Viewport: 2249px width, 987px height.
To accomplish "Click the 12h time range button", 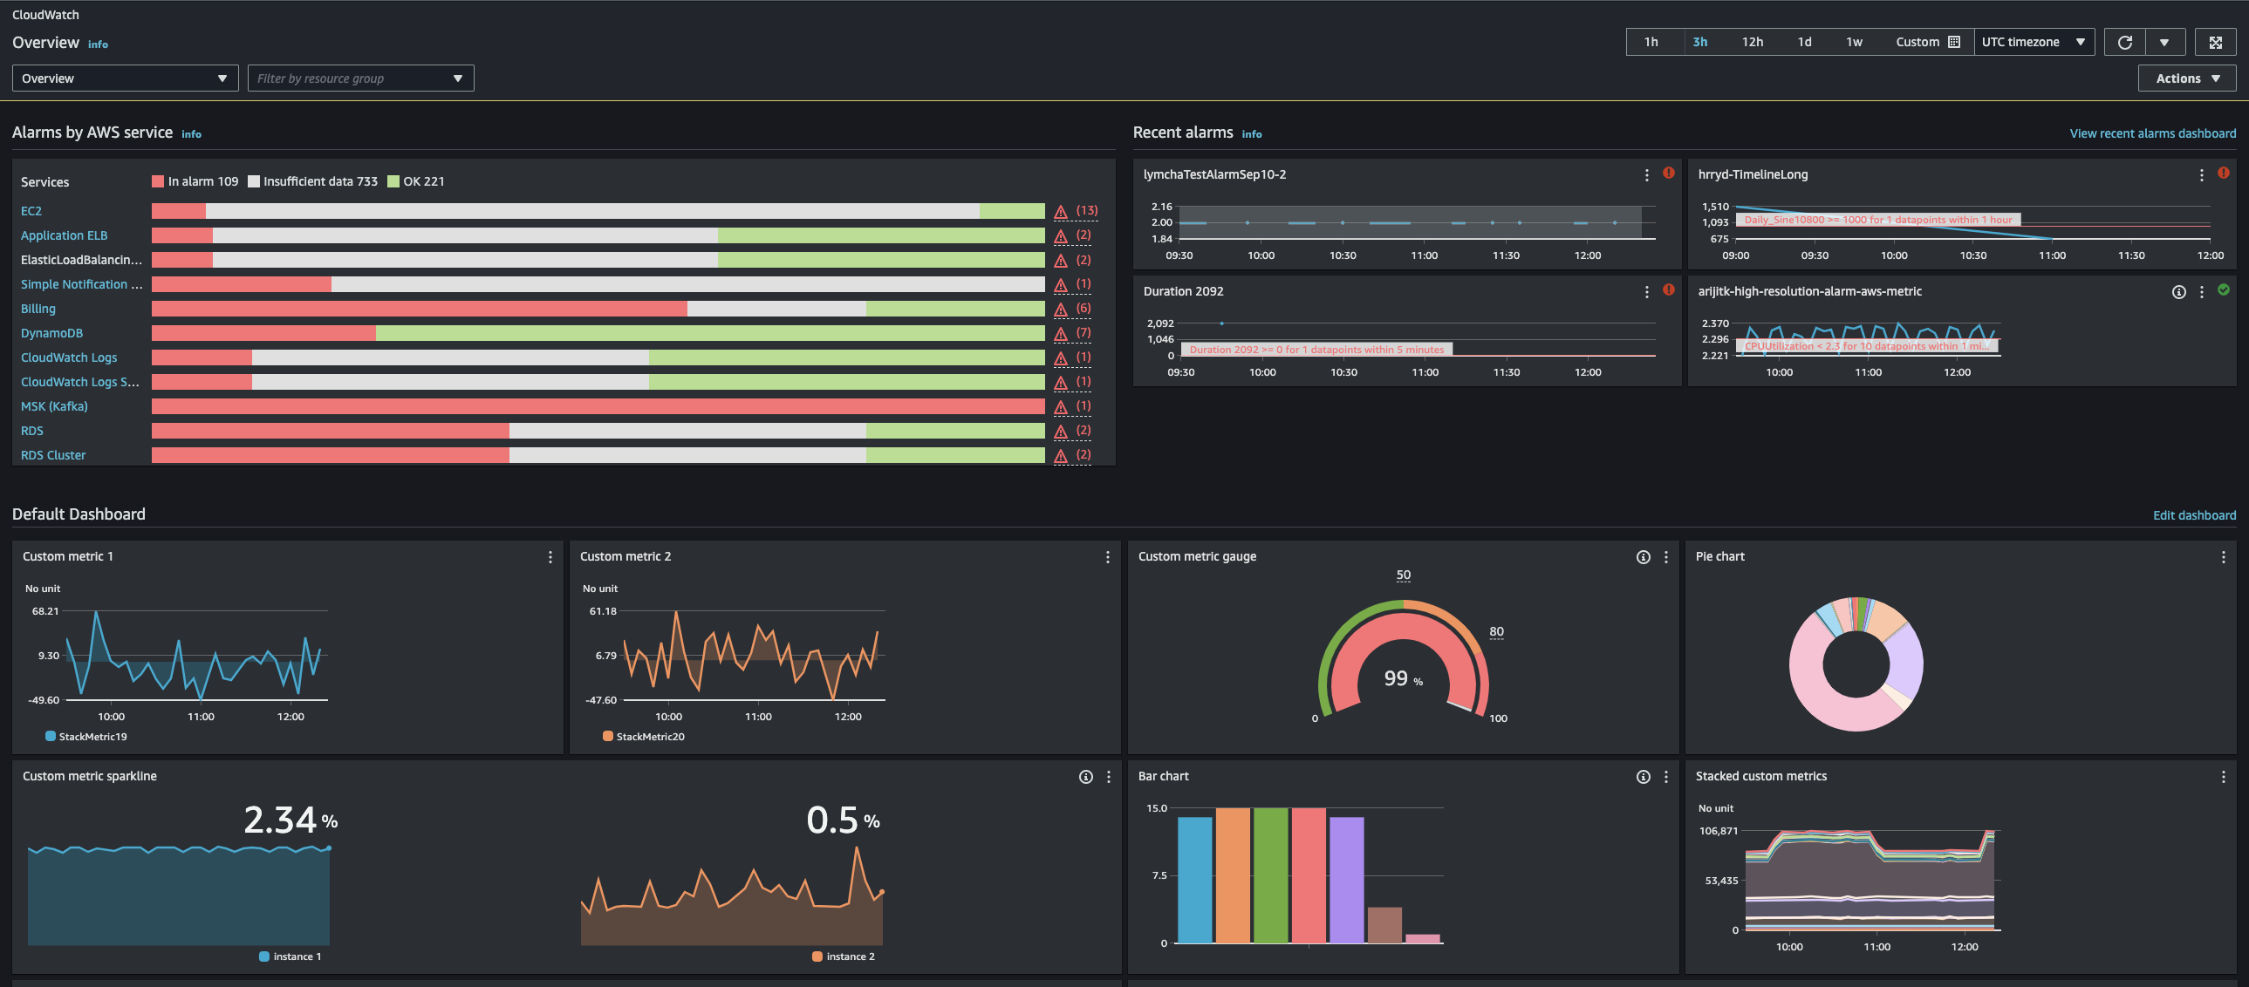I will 1752,42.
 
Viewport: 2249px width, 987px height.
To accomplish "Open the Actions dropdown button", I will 2186,78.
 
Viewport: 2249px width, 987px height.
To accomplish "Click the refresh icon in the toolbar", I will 2124,42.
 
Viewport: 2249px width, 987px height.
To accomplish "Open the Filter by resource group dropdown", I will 359,78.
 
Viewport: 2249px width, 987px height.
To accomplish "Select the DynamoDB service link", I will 51,333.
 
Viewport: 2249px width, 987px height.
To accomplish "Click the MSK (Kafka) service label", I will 54,406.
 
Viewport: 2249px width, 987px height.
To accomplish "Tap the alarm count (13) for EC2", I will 1086,210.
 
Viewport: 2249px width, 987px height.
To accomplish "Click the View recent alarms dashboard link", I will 2152,133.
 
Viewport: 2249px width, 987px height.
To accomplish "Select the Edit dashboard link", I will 2193,516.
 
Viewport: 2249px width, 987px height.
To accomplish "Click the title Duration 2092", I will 1183,291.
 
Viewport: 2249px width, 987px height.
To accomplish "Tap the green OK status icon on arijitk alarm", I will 2223,290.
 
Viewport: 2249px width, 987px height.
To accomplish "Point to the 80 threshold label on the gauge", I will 1495,632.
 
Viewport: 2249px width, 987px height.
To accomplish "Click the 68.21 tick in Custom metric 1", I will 45,611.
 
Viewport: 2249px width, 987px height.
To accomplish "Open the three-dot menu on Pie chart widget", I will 2223,557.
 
